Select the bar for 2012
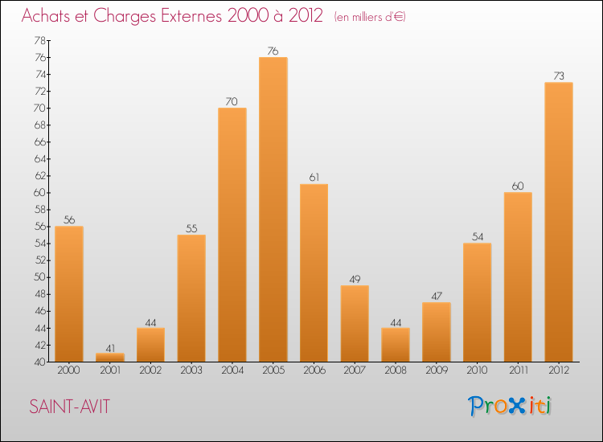559,222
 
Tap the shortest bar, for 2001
109,357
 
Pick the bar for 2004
232,235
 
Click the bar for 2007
355,323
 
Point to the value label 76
273,51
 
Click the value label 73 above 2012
559,76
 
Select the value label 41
109,347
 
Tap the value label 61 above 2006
314,178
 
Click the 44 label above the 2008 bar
396,321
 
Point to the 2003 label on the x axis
191,370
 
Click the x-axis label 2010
477,370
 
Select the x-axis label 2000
69,370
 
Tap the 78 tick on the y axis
39,40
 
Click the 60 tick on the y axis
39,193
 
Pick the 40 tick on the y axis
39,362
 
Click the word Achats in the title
47,16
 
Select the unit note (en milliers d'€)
370,17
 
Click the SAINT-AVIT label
69,407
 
